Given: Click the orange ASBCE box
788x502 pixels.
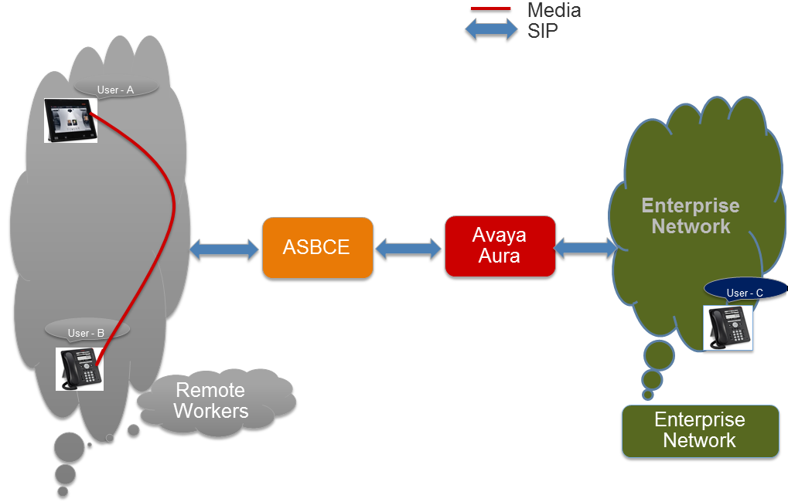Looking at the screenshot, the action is pos(318,247).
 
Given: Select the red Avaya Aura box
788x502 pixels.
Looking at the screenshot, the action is pos(500,246).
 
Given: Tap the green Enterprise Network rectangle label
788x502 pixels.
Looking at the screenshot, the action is pos(700,431).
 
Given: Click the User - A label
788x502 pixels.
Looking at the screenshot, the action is pos(115,90).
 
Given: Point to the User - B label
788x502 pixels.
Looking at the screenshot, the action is pos(87,332).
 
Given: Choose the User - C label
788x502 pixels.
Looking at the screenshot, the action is pos(745,292).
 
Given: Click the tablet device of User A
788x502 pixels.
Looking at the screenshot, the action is pos(70,120).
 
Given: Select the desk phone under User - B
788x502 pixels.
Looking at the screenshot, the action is pos(80,369).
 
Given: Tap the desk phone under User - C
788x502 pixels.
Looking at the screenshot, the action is pos(728,327).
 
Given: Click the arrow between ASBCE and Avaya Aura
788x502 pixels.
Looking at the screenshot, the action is pos(408,249).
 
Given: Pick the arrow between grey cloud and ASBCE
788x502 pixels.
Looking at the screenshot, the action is pos(224,249).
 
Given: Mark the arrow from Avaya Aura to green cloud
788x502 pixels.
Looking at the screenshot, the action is pos(586,247).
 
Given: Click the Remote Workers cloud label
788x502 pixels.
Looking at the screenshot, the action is pos(211,400).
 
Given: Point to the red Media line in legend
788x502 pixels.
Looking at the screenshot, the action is pos(490,8).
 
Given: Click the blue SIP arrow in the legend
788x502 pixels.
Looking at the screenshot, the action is pos(491,29).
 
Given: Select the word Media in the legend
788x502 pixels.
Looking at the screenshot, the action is pos(554,10).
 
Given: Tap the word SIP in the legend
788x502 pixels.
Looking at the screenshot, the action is pos(542,31).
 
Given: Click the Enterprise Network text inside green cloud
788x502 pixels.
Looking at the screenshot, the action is pos(691,216).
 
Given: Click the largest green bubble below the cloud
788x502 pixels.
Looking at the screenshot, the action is pos(659,355).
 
